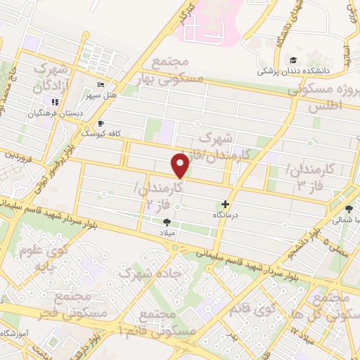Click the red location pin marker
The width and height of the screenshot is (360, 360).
click(181, 166)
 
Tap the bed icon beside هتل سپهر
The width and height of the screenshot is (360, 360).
click(101, 84)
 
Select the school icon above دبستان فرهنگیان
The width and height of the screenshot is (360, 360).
click(55, 102)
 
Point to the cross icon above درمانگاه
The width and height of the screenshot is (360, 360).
click(225, 203)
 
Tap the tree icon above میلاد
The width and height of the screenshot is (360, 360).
click(167, 221)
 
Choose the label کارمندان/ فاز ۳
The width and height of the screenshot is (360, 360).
click(311, 176)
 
